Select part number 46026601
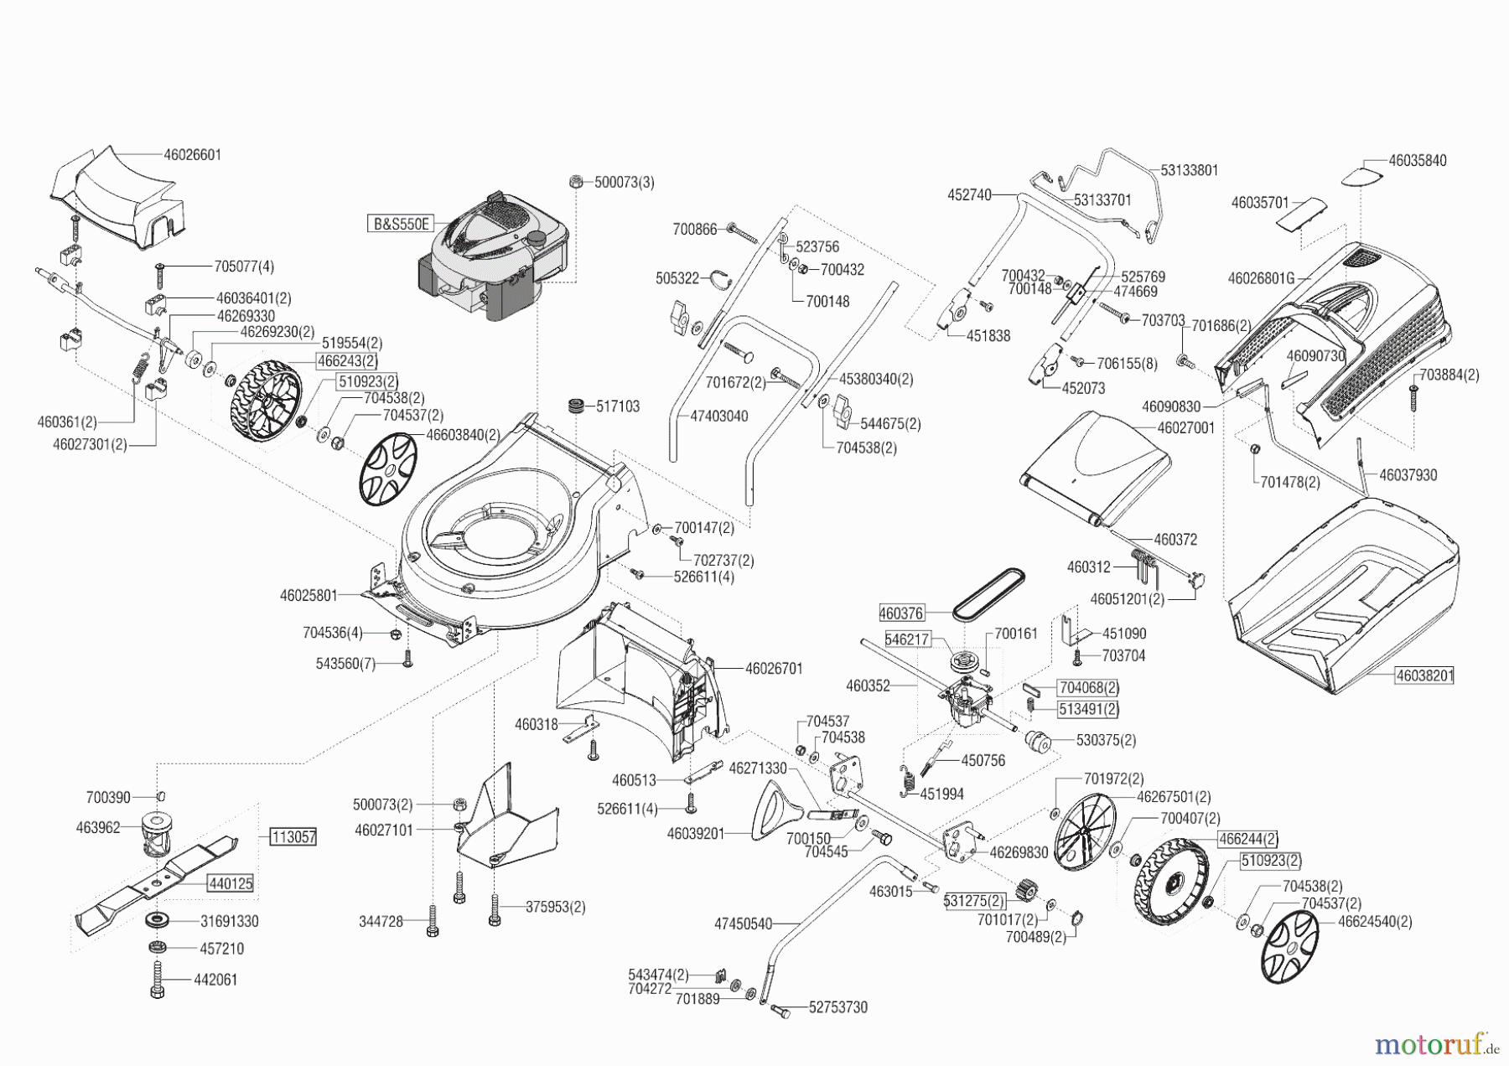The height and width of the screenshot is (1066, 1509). [x=193, y=155]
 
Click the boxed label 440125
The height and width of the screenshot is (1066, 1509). [x=231, y=883]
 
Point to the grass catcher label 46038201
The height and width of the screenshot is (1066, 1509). [x=1424, y=675]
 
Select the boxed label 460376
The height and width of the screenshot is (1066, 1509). [x=901, y=613]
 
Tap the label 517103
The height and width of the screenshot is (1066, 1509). [x=618, y=406]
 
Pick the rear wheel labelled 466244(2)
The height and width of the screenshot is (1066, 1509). [x=1168, y=890]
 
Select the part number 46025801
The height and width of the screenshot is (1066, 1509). [x=309, y=596]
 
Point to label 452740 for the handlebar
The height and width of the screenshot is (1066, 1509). [x=969, y=195]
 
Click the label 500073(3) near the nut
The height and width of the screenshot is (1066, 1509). [x=625, y=182]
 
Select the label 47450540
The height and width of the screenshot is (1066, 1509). [x=743, y=924]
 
